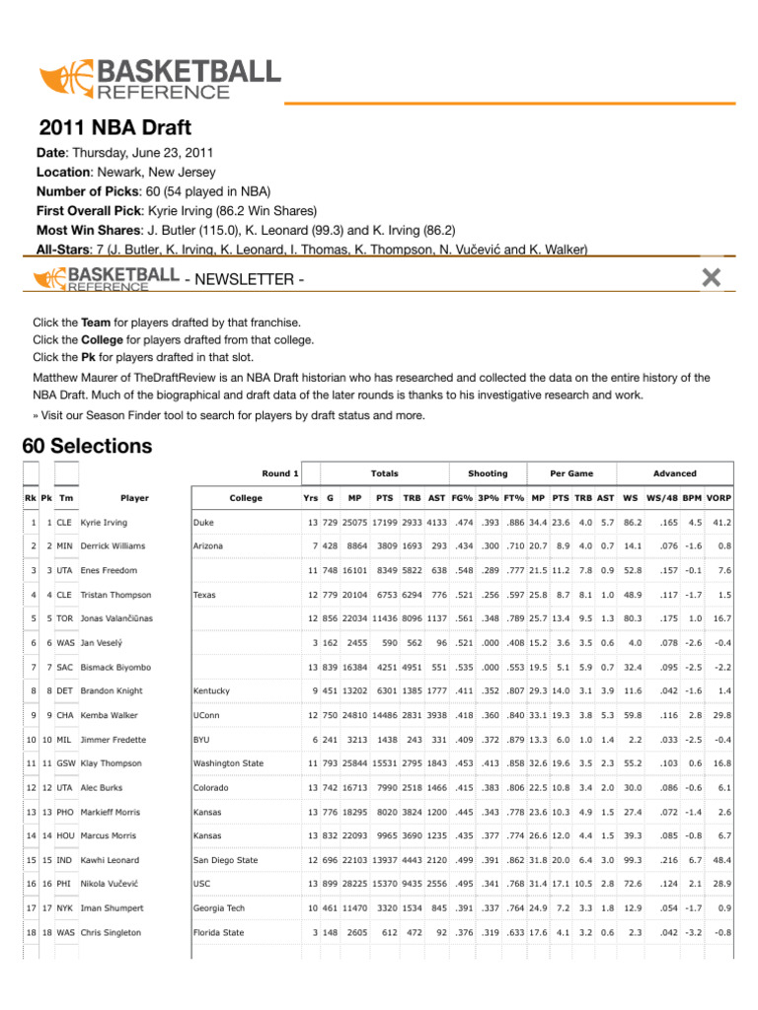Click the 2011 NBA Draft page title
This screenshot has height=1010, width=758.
[114, 128]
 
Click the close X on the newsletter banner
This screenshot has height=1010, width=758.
[710, 278]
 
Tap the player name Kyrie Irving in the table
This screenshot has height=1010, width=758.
[104, 522]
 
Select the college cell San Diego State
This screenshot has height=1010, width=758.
[226, 860]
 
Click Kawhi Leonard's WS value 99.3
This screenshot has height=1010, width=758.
[633, 860]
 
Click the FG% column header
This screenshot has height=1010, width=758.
[462, 498]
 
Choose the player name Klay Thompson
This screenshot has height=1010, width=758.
[114, 763]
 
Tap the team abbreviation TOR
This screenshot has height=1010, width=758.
[65, 618]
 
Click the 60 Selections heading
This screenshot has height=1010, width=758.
[87, 446]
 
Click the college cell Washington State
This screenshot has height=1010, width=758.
[229, 763]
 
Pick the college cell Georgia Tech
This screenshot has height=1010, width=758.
[221, 908]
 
